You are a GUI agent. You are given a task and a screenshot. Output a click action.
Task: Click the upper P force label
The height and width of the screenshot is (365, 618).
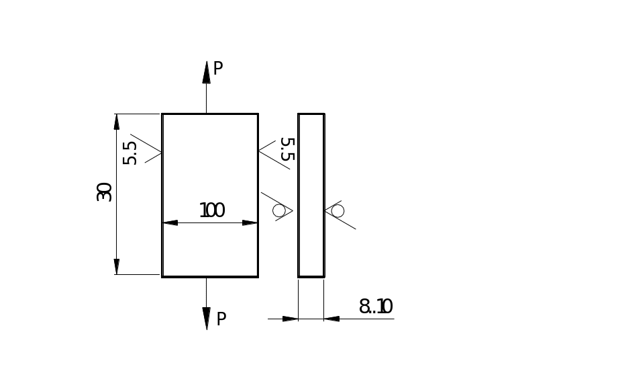pyautogui.click(x=218, y=68)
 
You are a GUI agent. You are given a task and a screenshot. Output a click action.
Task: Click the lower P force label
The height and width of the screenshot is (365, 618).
pyautogui.click(x=221, y=317)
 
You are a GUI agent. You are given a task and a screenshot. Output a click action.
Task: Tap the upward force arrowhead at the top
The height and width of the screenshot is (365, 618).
pyautogui.click(x=207, y=71)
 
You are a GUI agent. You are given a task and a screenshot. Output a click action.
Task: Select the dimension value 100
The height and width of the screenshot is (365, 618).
pyautogui.click(x=212, y=210)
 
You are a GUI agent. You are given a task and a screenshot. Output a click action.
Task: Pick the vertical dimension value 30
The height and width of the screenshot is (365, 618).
pyautogui.click(x=104, y=194)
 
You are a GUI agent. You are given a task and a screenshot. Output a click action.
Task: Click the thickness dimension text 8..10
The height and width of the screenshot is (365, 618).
pyautogui.click(x=376, y=307)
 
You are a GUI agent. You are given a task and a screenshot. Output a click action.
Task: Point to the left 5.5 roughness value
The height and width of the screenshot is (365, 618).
pyautogui.click(x=131, y=153)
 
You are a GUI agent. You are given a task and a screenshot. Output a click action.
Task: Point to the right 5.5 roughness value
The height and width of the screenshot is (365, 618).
pyautogui.click(x=287, y=149)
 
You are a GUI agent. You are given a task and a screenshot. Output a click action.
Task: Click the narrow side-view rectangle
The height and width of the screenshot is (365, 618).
pyautogui.click(x=311, y=195)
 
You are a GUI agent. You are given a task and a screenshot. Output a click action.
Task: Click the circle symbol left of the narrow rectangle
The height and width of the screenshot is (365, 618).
pyautogui.click(x=278, y=211)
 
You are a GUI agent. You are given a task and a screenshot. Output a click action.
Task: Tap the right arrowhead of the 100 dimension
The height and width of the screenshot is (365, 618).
pyautogui.click(x=250, y=222)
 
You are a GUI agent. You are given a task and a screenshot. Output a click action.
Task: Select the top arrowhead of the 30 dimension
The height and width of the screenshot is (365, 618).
pyautogui.click(x=117, y=122)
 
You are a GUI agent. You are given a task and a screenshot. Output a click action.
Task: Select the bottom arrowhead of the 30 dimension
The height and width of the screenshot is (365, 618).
pyautogui.click(x=117, y=267)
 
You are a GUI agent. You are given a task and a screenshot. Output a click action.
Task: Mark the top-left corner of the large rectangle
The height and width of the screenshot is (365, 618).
pyautogui.click(x=162, y=114)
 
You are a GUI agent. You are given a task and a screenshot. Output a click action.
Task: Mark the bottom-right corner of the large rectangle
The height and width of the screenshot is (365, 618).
pyautogui.click(x=258, y=276)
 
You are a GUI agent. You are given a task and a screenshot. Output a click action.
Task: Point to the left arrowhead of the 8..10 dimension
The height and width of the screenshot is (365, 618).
pyautogui.click(x=290, y=319)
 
